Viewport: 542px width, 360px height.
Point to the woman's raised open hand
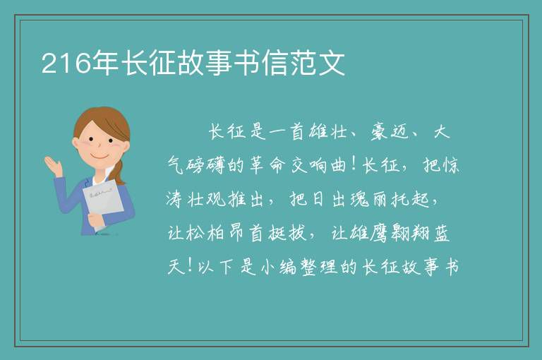(54, 166)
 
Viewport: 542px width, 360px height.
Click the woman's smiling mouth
(100, 157)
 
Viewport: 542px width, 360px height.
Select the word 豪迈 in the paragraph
(390, 132)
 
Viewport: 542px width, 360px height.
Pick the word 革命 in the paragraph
(266, 165)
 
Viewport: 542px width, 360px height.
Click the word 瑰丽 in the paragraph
(368, 199)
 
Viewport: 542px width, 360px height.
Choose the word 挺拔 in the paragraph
(287, 233)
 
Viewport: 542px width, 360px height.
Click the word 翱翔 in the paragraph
(410, 233)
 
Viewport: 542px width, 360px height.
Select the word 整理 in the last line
(318, 267)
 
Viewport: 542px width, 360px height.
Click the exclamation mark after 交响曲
(354, 164)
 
